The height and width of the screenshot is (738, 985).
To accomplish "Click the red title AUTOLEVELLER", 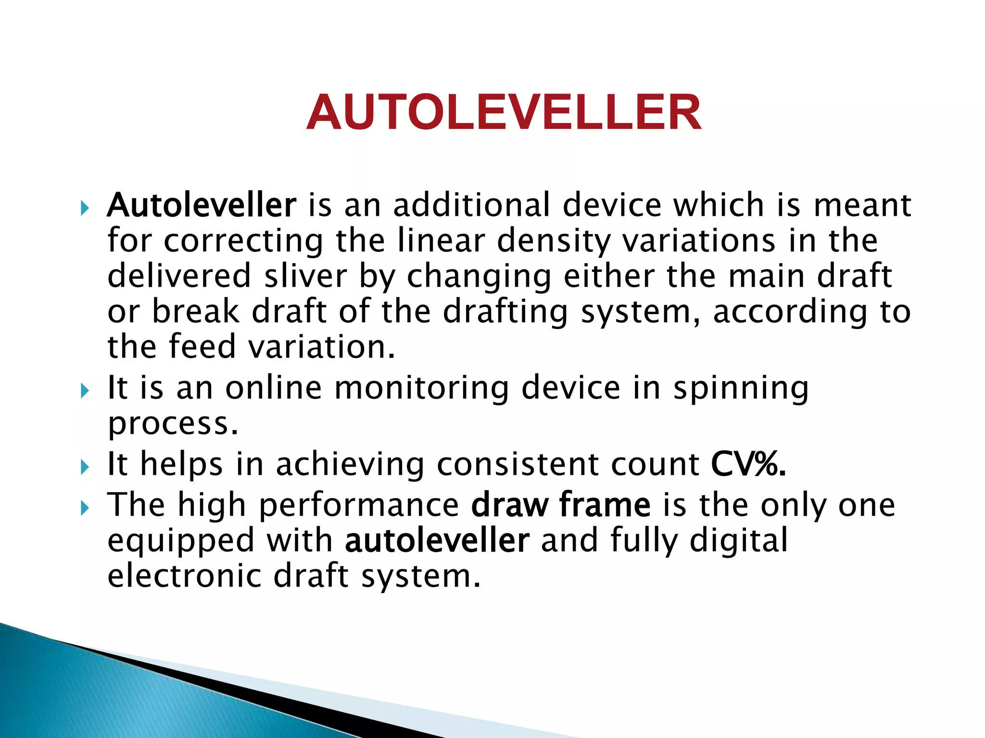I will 504,112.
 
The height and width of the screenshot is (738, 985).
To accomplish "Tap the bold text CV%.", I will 748,465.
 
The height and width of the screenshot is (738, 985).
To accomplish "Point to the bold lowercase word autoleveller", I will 437,541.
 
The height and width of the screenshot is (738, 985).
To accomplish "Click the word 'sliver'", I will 305,276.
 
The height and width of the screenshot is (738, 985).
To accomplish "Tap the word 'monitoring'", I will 421,388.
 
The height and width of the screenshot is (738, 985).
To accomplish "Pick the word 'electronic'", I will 184,576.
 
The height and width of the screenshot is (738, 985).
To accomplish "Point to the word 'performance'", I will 359,506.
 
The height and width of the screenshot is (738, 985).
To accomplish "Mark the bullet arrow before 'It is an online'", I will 85,391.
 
